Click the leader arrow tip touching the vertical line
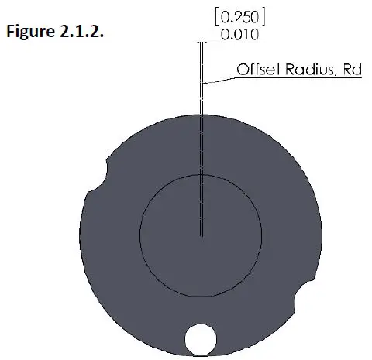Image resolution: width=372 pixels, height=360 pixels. point(203,82)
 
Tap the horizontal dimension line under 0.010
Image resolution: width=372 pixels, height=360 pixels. point(232,41)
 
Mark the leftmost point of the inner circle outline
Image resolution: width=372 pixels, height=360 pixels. point(139,235)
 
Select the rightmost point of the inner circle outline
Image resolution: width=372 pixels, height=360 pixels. point(262,235)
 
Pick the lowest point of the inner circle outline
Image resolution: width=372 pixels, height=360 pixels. point(201,297)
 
